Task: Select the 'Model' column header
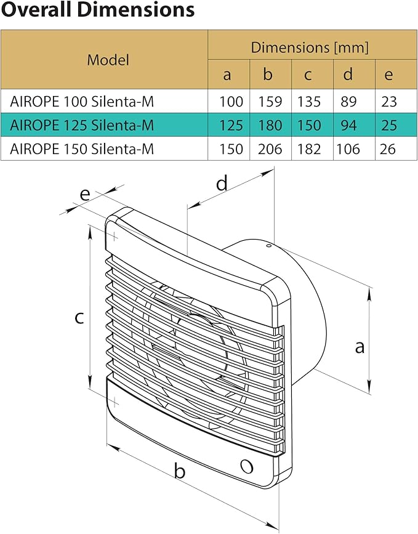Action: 108,60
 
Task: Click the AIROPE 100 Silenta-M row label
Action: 82,102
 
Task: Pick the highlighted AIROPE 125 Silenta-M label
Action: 82,126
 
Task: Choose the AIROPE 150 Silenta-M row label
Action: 82,149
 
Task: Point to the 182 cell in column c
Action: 309,149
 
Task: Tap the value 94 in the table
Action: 348,126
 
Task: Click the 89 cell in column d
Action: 348,102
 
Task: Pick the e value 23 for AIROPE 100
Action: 388,102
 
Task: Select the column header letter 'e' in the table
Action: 388,75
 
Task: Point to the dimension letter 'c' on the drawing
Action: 79,317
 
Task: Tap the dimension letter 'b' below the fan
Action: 180,472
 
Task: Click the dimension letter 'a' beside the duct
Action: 360,347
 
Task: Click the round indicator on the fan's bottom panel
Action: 246,466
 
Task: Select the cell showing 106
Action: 348,149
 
